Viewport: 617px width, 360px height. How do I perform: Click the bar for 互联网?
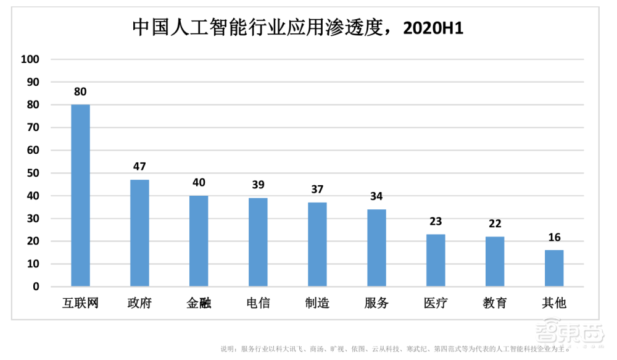[x=80, y=195]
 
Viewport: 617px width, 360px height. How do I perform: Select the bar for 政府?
[x=139, y=233]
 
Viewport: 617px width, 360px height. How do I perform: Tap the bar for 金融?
[x=199, y=241]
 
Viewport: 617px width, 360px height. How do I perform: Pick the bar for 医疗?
[x=436, y=260]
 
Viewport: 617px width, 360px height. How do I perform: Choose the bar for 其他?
[x=554, y=268]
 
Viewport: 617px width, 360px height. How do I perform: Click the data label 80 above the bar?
[x=80, y=92]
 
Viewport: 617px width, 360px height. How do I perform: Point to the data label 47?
[x=139, y=167]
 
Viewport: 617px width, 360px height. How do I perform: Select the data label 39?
[x=258, y=185]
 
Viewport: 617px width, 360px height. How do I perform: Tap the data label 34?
[x=376, y=196]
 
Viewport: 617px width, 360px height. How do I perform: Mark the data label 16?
[x=554, y=238]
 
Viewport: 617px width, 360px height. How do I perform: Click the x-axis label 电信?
[x=258, y=303]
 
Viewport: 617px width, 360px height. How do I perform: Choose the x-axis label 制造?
[x=317, y=303]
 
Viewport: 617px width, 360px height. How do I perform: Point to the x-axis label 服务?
[x=376, y=303]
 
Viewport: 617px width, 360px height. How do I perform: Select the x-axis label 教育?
[x=495, y=303]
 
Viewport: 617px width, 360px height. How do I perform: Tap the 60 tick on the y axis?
[x=32, y=150]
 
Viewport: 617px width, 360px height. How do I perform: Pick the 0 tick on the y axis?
[x=36, y=287]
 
